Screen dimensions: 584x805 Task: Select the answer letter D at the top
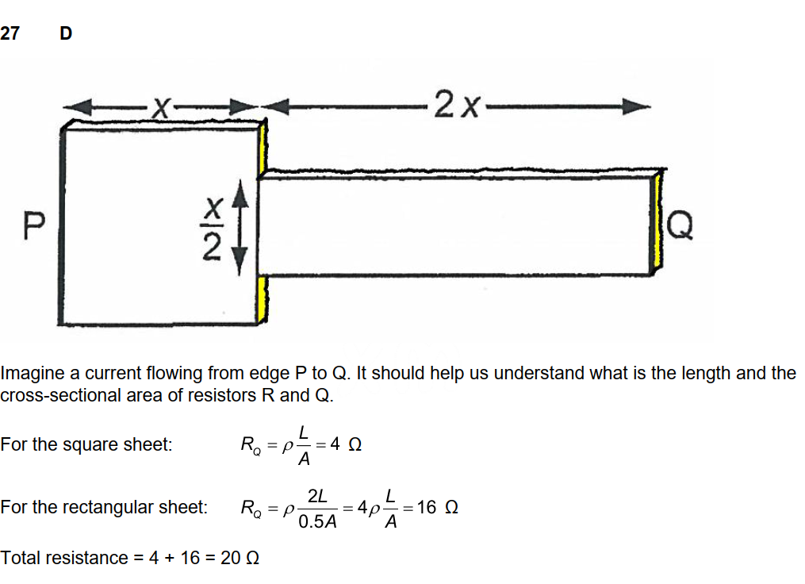[x=66, y=33]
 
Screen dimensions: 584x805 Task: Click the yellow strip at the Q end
[x=657, y=225]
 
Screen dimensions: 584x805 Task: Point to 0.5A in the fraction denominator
[x=317, y=522]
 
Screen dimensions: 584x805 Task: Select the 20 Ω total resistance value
[x=239, y=558]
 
